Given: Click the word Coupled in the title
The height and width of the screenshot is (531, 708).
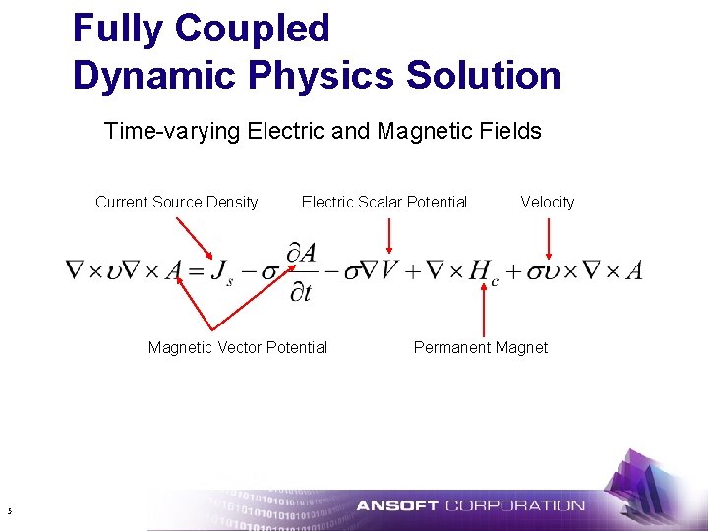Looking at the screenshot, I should pyautogui.click(x=252, y=29).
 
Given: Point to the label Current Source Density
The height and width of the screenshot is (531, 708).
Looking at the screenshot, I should pyautogui.click(x=176, y=203).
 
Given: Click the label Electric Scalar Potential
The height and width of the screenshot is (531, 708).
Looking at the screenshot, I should pyautogui.click(x=383, y=203).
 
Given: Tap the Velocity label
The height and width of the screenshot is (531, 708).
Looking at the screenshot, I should pyautogui.click(x=547, y=203).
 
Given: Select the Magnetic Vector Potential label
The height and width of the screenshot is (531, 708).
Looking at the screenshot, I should pyautogui.click(x=237, y=347).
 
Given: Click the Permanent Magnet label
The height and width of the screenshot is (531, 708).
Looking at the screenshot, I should pyautogui.click(x=480, y=347).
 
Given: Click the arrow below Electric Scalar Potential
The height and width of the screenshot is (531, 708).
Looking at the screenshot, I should pyautogui.click(x=389, y=236).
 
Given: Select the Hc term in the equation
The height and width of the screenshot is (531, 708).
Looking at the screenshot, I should pyautogui.click(x=483, y=271).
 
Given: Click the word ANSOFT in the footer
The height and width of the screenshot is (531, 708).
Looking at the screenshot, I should pyautogui.click(x=397, y=506).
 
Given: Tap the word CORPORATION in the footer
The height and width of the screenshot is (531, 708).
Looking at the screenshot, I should pyautogui.click(x=514, y=506).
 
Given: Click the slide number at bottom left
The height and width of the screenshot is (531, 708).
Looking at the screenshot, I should pyautogui.click(x=8, y=510).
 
